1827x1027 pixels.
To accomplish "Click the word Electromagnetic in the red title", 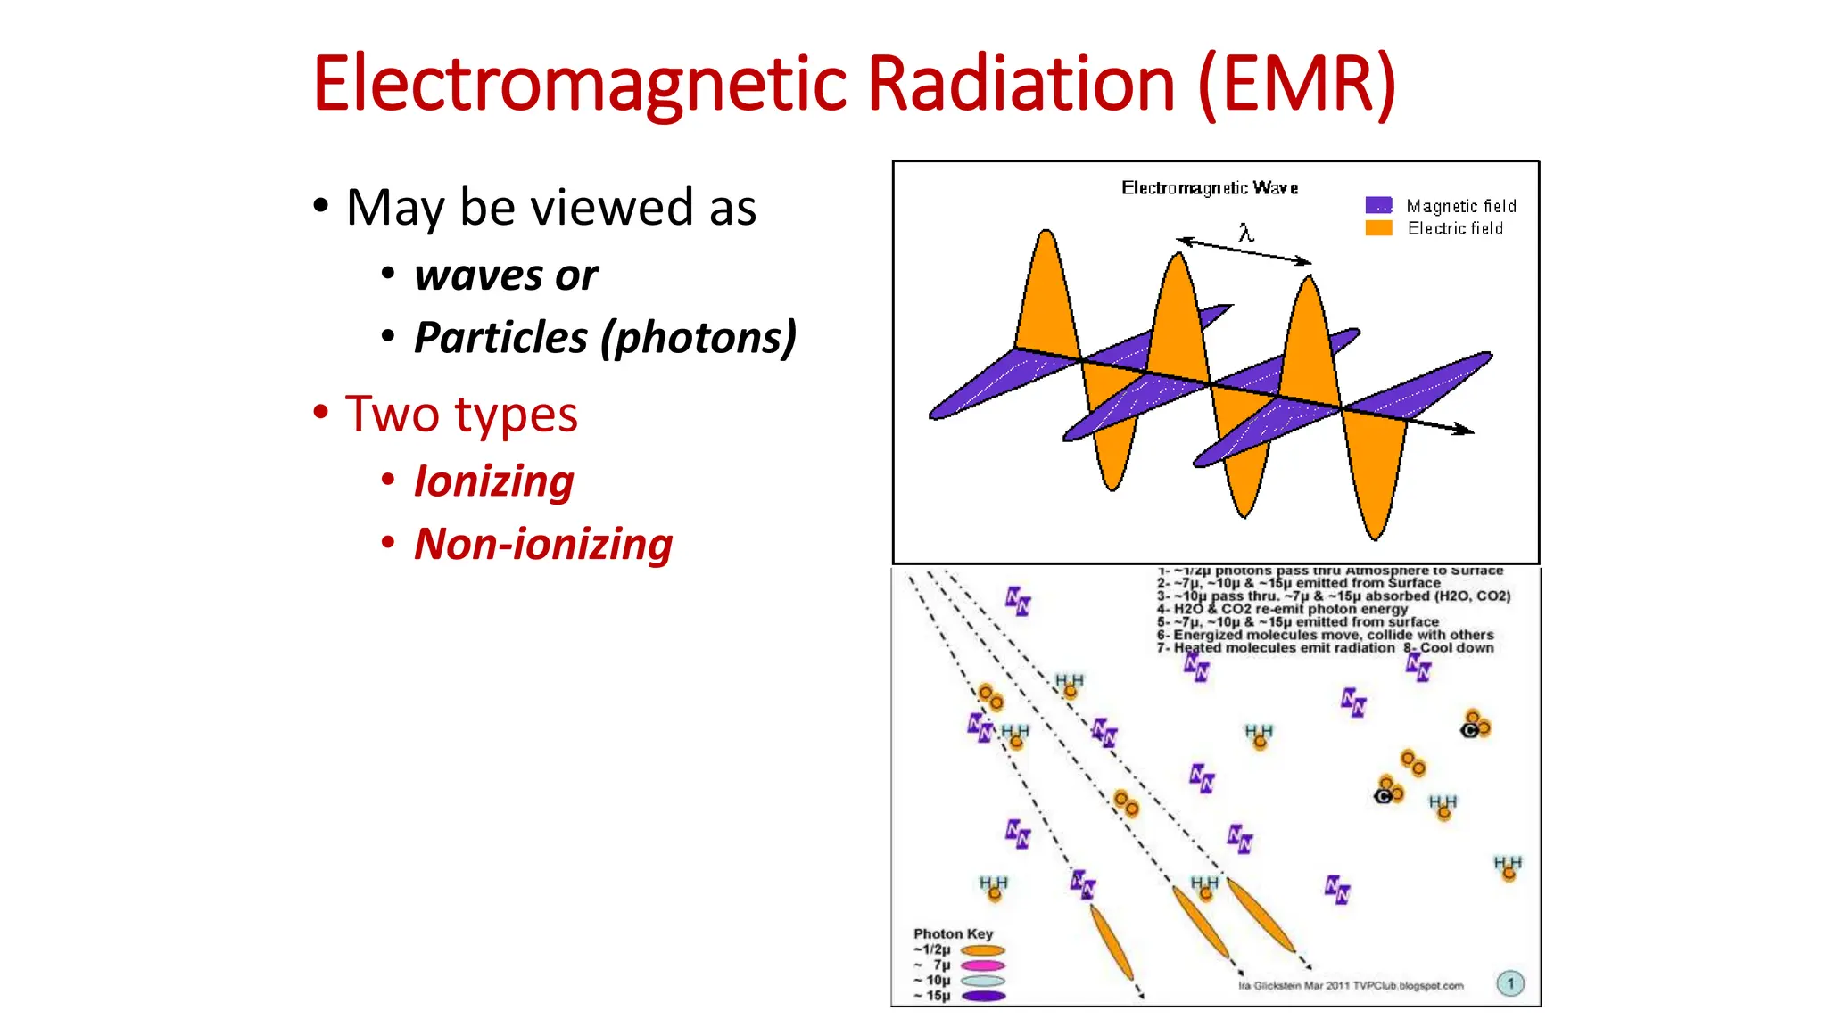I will (580, 85).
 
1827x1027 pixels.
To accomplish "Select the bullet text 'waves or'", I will (506, 275).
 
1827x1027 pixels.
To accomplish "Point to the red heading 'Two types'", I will (461, 415).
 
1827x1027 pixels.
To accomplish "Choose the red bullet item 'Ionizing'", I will (493, 481).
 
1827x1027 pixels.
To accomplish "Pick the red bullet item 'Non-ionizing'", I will (543, 544).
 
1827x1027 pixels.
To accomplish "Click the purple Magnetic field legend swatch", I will (1378, 205).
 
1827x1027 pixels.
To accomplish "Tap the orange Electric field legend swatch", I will (1378, 228).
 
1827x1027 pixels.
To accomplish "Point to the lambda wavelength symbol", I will (1245, 234).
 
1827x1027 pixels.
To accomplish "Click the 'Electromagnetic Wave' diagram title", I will (1210, 188).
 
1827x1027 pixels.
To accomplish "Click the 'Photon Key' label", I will (953, 933).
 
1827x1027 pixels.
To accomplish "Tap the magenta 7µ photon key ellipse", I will (983, 965).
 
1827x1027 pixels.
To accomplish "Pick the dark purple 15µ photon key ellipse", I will (983, 996).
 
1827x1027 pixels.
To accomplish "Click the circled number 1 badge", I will (1510, 983).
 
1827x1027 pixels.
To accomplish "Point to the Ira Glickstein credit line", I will (1351, 986).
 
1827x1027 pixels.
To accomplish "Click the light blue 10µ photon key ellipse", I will (983, 981).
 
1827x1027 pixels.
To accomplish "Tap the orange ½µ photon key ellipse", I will (983, 950).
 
